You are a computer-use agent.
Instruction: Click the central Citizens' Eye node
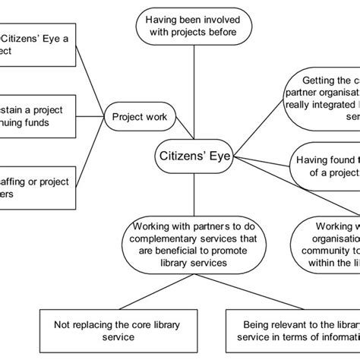tap(194, 156)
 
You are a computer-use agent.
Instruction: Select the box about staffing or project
tap(38, 187)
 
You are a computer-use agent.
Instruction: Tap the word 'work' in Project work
tap(161, 117)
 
